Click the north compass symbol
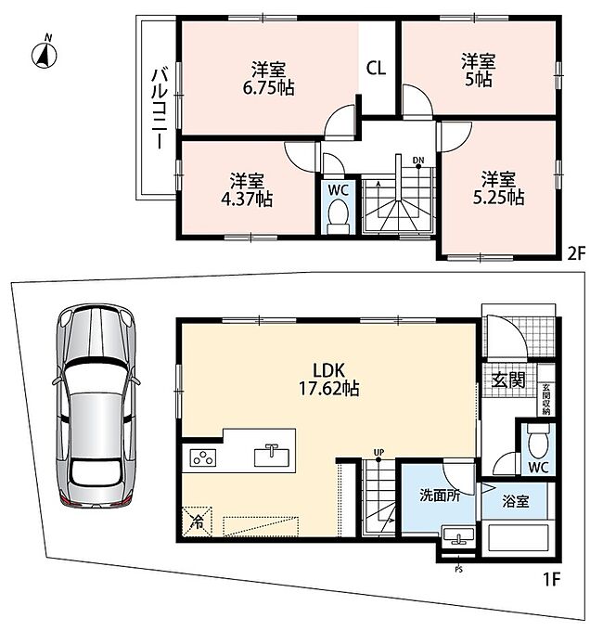point(45,55)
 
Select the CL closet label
point(376,68)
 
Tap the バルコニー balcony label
point(160,109)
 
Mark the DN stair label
point(418,161)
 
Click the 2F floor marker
point(576,253)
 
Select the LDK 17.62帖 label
point(328,380)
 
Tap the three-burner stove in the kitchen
point(203,458)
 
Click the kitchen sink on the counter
point(272,456)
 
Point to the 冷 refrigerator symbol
point(197,522)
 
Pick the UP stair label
point(378,452)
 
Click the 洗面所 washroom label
point(440,496)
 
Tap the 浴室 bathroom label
point(515,501)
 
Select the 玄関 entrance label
point(508,380)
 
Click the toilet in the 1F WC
point(538,442)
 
